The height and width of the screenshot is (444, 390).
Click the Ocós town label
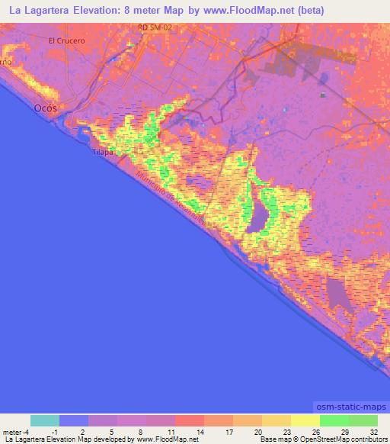(46, 108)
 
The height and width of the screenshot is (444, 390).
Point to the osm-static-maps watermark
(350, 407)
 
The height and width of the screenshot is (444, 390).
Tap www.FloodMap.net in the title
(248, 11)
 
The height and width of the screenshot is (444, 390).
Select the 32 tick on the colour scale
(374, 431)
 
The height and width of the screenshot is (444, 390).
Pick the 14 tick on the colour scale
(203, 431)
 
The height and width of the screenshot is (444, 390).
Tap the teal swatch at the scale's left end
(45, 420)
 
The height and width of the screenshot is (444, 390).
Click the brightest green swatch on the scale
(334, 420)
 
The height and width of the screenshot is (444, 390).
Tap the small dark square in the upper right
(323, 95)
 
